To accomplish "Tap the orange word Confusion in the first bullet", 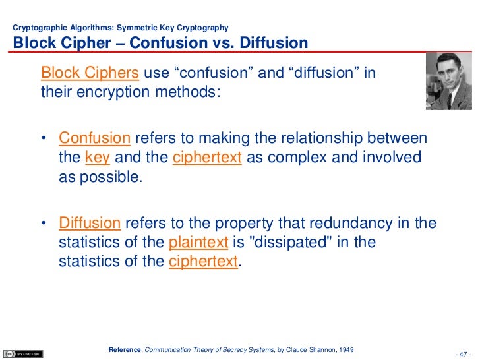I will click(x=94, y=138).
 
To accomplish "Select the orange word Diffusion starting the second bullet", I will click(x=90, y=224).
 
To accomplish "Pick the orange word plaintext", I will click(x=198, y=243).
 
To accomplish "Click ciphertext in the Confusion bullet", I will click(x=207, y=158).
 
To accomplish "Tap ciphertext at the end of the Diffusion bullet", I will click(x=203, y=262).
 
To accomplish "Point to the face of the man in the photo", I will click(x=446, y=74).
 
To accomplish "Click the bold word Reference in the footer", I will click(x=125, y=348).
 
